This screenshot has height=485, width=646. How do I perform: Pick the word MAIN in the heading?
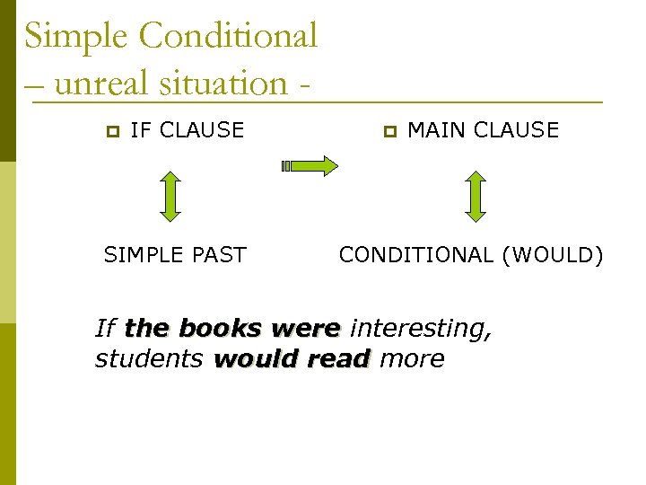tap(437, 130)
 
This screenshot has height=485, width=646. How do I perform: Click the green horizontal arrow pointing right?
tap(310, 165)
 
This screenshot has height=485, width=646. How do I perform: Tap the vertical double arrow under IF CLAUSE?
tap(170, 196)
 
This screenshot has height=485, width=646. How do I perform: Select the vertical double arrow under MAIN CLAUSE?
tap(476, 196)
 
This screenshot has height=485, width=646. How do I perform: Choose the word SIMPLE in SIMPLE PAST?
tap(139, 255)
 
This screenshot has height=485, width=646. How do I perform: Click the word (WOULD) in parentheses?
tap(553, 255)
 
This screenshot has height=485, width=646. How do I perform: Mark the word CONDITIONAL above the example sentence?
tap(416, 255)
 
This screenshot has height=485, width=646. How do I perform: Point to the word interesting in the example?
tap(420, 329)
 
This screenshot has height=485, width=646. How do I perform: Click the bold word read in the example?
tap(338, 359)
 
